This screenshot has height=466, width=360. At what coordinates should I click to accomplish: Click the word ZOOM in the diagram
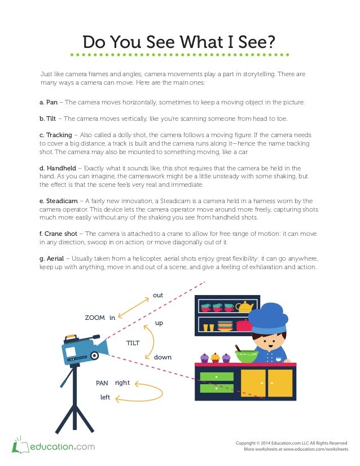[x=95, y=318]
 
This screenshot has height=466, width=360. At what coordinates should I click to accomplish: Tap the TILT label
[x=133, y=343]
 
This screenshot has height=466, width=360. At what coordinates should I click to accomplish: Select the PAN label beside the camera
[x=102, y=383]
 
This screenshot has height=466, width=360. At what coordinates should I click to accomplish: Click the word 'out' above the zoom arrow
[x=158, y=295]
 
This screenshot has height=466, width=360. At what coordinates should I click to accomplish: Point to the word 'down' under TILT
[x=163, y=358]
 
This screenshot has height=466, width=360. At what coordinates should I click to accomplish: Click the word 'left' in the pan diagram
[x=105, y=397]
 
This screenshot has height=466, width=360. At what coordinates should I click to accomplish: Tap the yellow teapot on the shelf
[x=244, y=307]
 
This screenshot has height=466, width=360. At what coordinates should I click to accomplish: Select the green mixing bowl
[x=247, y=355]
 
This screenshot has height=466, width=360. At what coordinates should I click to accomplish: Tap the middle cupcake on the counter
[x=216, y=357]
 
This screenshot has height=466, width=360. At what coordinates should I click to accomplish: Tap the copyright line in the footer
[x=291, y=442]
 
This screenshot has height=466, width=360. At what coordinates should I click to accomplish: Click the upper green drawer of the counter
[x=216, y=376]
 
